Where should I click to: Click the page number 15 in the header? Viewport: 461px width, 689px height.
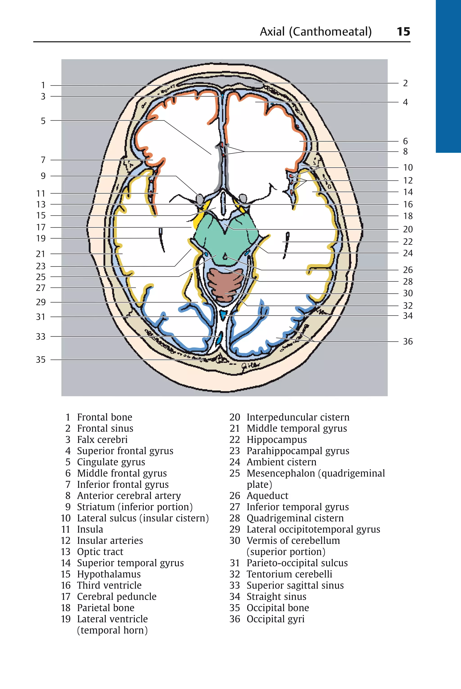pyautogui.click(x=403, y=31)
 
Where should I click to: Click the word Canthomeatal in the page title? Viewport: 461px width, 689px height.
pyautogui.click(x=330, y=31)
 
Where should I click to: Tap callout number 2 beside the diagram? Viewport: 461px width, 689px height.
pyautogui.click(x=405, y=83)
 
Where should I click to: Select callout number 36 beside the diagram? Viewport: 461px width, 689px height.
pyautogui.click(x=407, y=341)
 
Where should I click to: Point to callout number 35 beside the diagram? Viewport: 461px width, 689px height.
pyautogui.click(x=41, y=360)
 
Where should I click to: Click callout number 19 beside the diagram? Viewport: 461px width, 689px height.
pyautogui.click(x=41, y=238)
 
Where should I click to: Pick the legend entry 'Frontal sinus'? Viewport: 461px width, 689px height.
pyautogui.click(x=105, y=428)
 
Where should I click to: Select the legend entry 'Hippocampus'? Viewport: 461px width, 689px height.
pyautogui.click(x=276, y=440)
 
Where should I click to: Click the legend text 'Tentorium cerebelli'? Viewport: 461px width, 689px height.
pyautogui.click(x=289, y=574)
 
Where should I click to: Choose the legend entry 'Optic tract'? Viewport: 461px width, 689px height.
pyautogui.click(x=100, y=552)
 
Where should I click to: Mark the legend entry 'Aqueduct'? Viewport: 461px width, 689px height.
pyautogui.click(x=267, y=496)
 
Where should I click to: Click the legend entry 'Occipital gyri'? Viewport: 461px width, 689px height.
pyautogui.click(x=275, y=619)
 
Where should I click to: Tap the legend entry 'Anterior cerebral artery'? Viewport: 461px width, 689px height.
pyautogui.click(x=129, y=496)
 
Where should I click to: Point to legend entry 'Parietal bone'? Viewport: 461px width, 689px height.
pyautogui.click(x=106, y=608)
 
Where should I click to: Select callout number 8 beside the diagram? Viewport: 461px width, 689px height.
pyautogui.click(x=405, y=152)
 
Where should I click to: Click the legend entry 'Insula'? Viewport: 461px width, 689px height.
pyautogui.click(x=90, y=530)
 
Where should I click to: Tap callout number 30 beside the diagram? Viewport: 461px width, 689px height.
pyautogui.click(x=407, y=293)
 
